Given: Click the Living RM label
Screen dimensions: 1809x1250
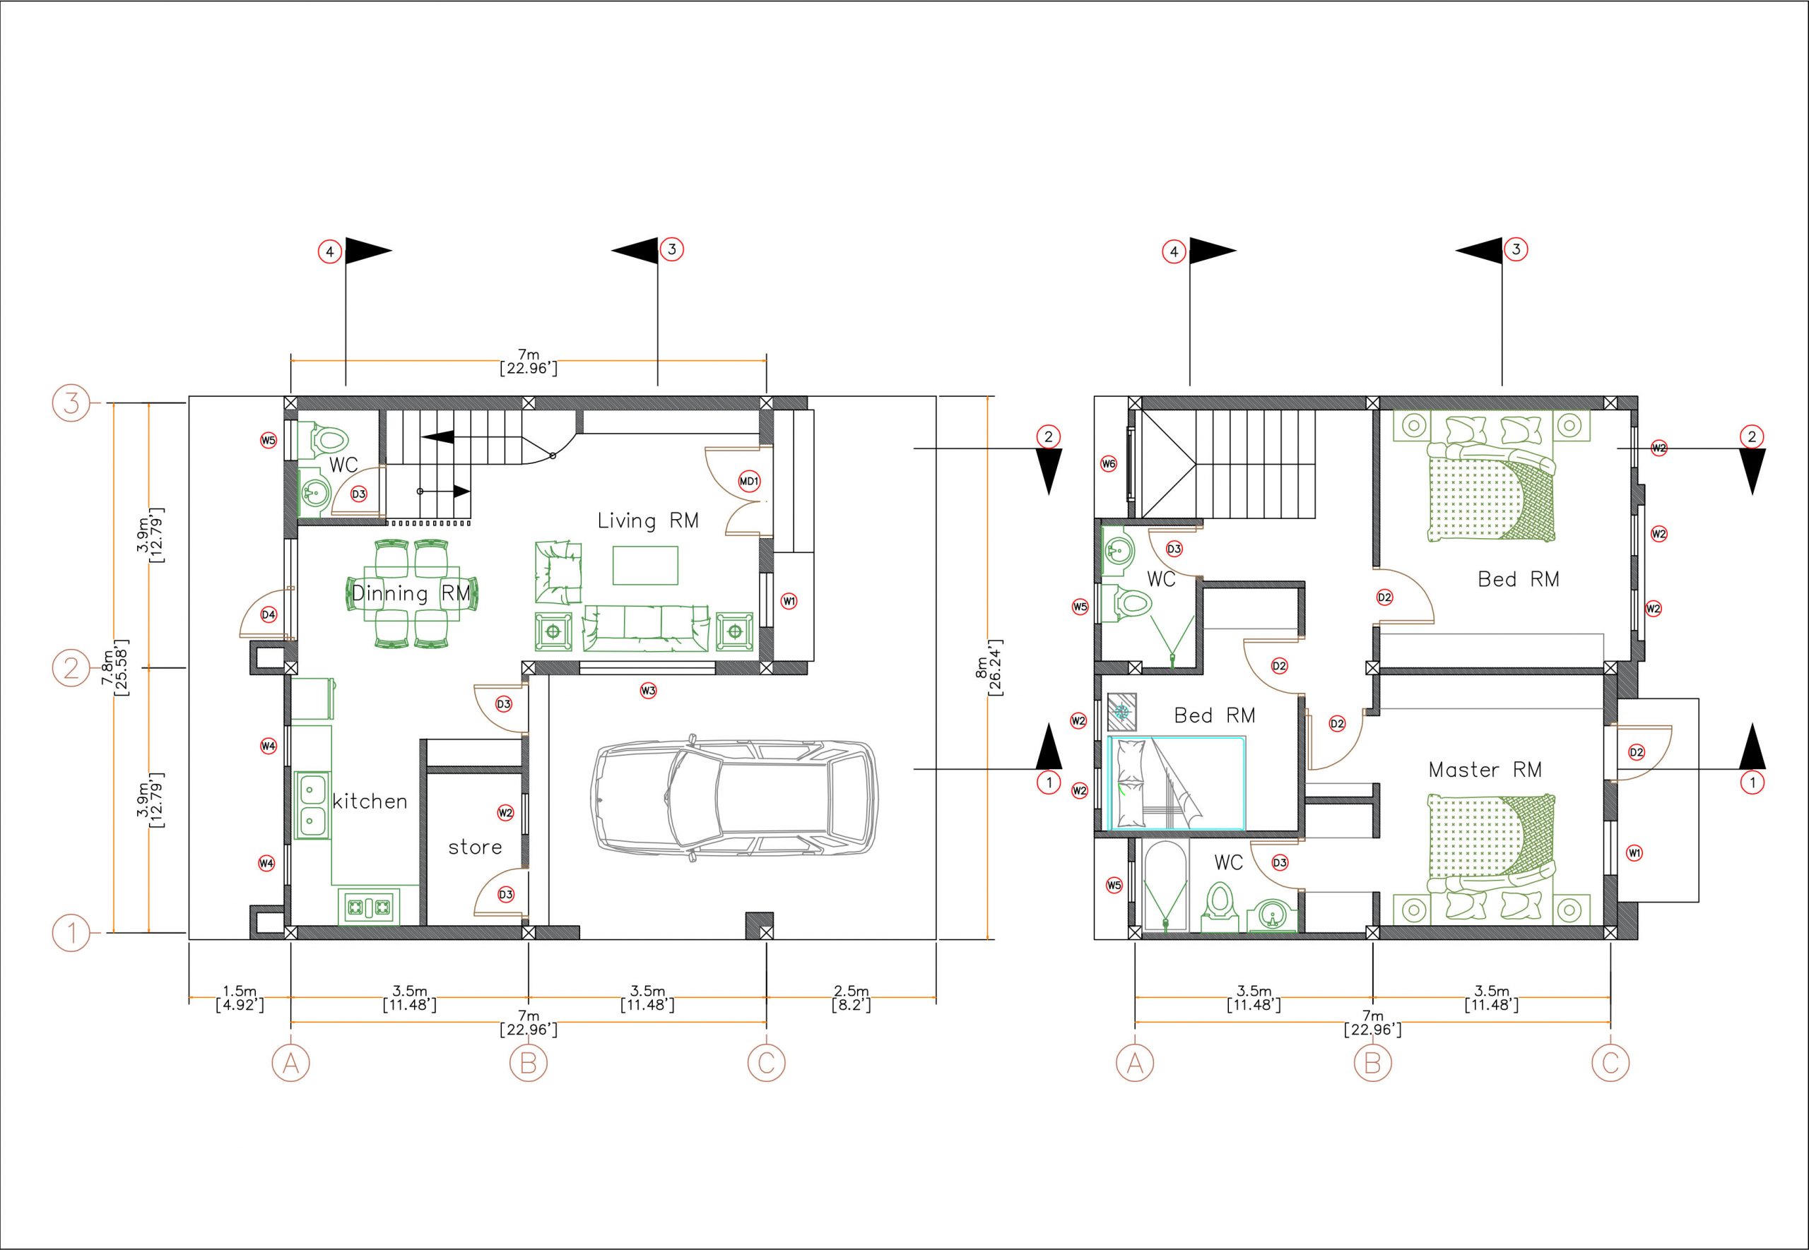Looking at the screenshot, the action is (x=648, y=521).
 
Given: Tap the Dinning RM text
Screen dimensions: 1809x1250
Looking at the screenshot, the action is (x=411, y=593).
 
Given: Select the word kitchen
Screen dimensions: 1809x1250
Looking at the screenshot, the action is (x=370, y=802).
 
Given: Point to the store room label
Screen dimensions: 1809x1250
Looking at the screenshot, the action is (x=475, y=847).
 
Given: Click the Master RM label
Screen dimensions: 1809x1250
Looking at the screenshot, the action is (x=1485, y=770).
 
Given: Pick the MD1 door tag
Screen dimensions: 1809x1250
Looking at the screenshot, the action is (x=749, y=481).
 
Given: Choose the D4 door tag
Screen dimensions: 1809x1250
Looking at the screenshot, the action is (x=269, y=615).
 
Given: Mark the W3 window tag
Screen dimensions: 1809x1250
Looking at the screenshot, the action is (x=648, y=691).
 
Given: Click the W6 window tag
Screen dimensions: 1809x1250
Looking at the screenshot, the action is (x=1109, y=464).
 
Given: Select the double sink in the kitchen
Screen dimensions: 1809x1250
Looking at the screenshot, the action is (x=311, y=806).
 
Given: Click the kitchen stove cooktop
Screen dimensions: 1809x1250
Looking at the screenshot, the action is (x=368, y=907).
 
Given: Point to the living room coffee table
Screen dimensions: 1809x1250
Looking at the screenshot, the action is (x=644, y=566).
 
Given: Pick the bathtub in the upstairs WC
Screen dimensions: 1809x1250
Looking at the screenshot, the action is (x=1167, y=886).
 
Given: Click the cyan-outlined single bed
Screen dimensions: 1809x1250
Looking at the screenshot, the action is (x=1177, y=782).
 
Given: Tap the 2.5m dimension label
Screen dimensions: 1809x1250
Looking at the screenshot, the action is (x=851, y=998).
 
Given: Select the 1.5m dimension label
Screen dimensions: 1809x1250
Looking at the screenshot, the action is (x=240, y=998).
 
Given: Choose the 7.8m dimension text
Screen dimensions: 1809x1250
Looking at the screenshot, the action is (x=115, y=667).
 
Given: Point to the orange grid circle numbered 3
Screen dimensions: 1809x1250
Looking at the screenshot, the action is (x=71, y=403).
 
